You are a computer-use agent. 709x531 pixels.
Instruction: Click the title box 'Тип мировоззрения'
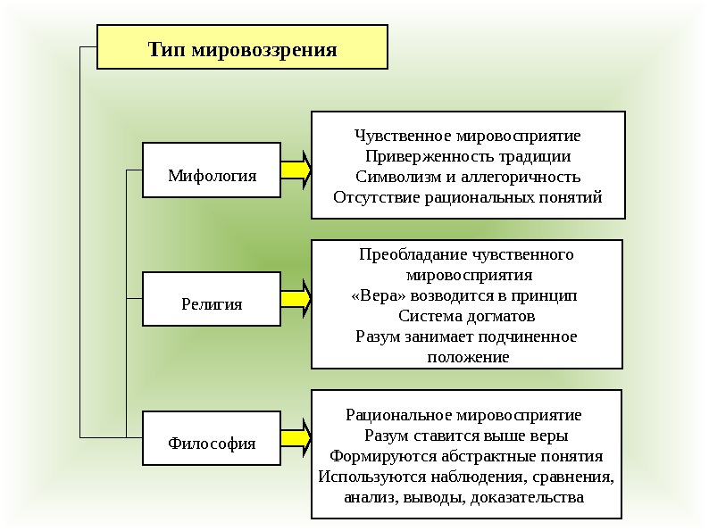pos(242,47)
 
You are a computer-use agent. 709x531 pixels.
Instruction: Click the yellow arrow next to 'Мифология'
pos(296,170)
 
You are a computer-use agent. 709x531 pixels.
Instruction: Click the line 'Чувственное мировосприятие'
pos(467,136)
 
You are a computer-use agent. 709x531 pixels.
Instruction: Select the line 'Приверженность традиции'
pos(467,156)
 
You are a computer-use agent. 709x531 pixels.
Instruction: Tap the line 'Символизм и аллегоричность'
pos(467,177)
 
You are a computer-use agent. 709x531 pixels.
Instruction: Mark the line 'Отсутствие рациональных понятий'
pos(467,197)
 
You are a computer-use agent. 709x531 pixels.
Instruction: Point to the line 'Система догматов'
pos(467,316)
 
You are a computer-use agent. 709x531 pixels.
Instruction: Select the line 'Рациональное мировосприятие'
pos(463,415)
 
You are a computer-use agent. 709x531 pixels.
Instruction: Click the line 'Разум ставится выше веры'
pos(467,436)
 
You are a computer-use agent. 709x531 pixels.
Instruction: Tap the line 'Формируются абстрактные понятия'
pos(467,456)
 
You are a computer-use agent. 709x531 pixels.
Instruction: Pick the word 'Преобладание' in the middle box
pos(406,254)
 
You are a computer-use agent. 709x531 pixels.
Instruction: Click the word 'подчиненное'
pos(530,336)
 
